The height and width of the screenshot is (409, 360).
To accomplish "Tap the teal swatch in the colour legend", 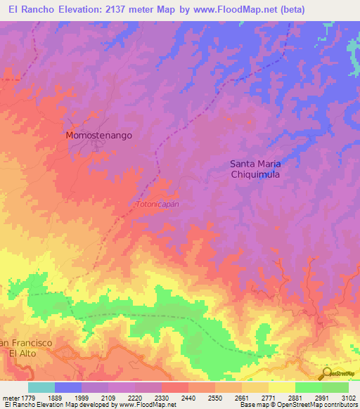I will point(41,387).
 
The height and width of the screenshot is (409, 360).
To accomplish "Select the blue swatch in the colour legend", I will point(68,387).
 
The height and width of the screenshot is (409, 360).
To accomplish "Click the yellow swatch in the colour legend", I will point(281,387).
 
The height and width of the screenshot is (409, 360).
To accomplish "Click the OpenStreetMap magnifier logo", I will point(326,372).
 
